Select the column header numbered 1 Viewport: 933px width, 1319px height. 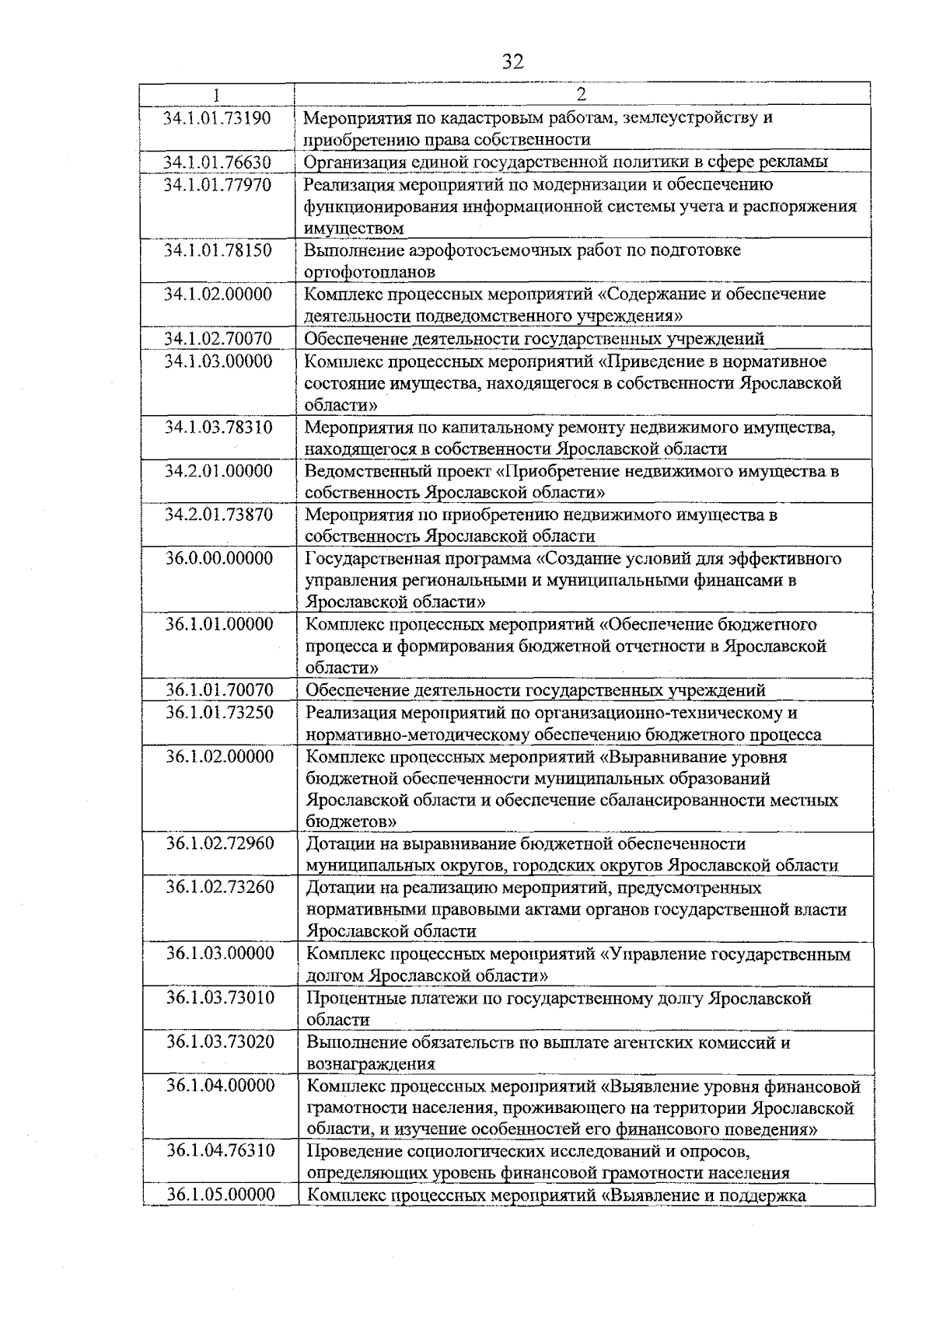click(x=217, y=94)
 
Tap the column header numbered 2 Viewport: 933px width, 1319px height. click(x=581, y=94)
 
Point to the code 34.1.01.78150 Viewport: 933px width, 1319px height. click(x=218, y=250)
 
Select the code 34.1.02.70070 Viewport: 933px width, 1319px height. click(x=218, y=339)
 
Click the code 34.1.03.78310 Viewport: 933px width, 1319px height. click(x=218, y=427)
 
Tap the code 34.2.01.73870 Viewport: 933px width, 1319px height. click(x=218, y=515)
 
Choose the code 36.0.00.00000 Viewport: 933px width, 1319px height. click(x=219, y=558)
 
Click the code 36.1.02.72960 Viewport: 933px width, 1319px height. click(x=220, y=843)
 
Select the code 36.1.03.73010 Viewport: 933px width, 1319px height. click(x=220, y=998)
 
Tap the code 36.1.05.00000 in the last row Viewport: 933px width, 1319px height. click(x=221, y=1195)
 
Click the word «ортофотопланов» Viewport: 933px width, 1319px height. click(x=369, y=272)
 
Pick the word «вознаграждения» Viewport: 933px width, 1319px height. click(x=371, y=1064)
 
